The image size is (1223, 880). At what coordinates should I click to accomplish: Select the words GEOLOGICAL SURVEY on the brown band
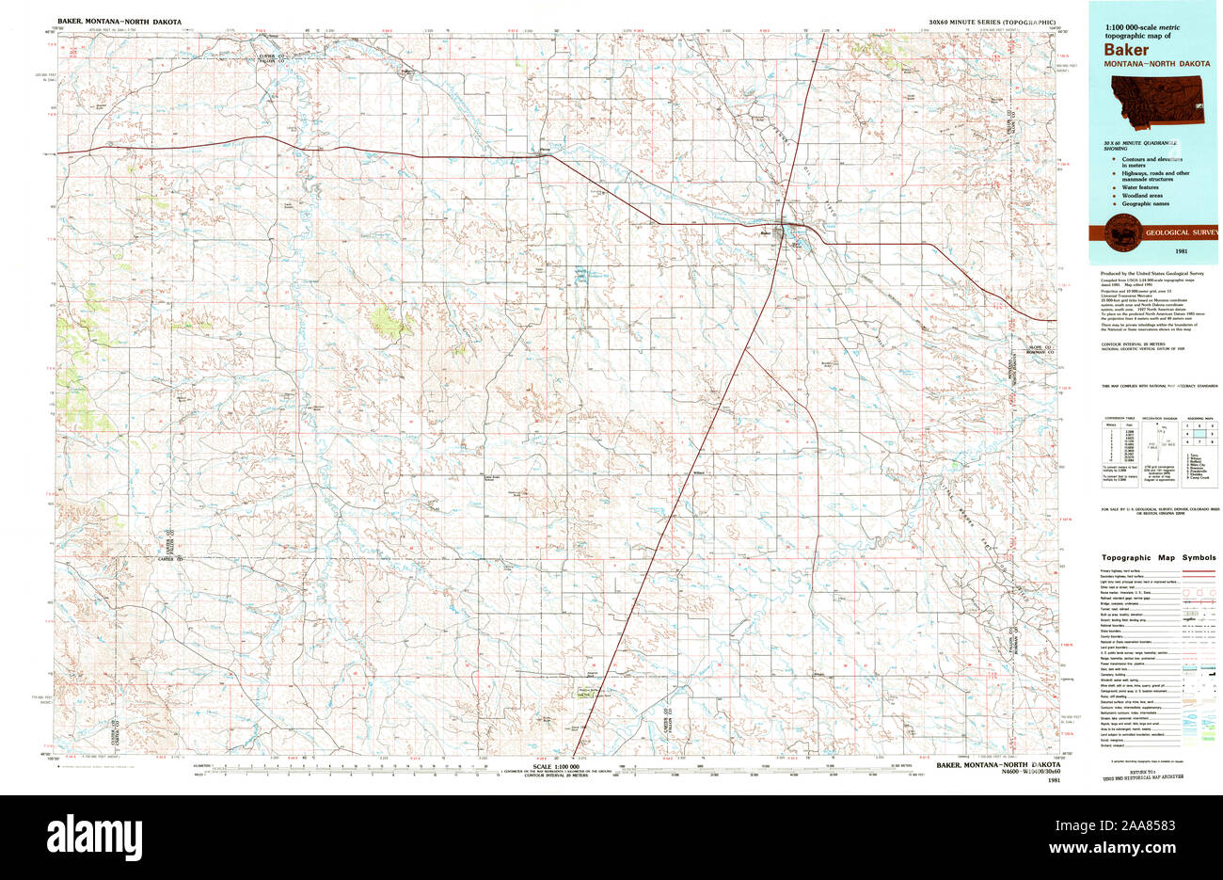coord(1181,232)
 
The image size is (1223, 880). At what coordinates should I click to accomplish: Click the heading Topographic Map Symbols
coord(1158,558)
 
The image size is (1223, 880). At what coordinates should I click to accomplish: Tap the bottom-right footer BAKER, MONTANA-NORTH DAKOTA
coord(993,765)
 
